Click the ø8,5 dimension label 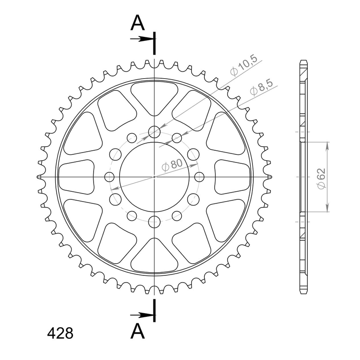pos(261,87)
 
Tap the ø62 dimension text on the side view pos(321,179)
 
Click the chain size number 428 pos(60,333)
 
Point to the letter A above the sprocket pos(138,23)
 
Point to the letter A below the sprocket pos(138,331)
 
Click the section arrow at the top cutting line pos(142,39)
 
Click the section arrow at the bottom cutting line pos(142,315)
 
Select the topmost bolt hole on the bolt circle pos(154,132)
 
